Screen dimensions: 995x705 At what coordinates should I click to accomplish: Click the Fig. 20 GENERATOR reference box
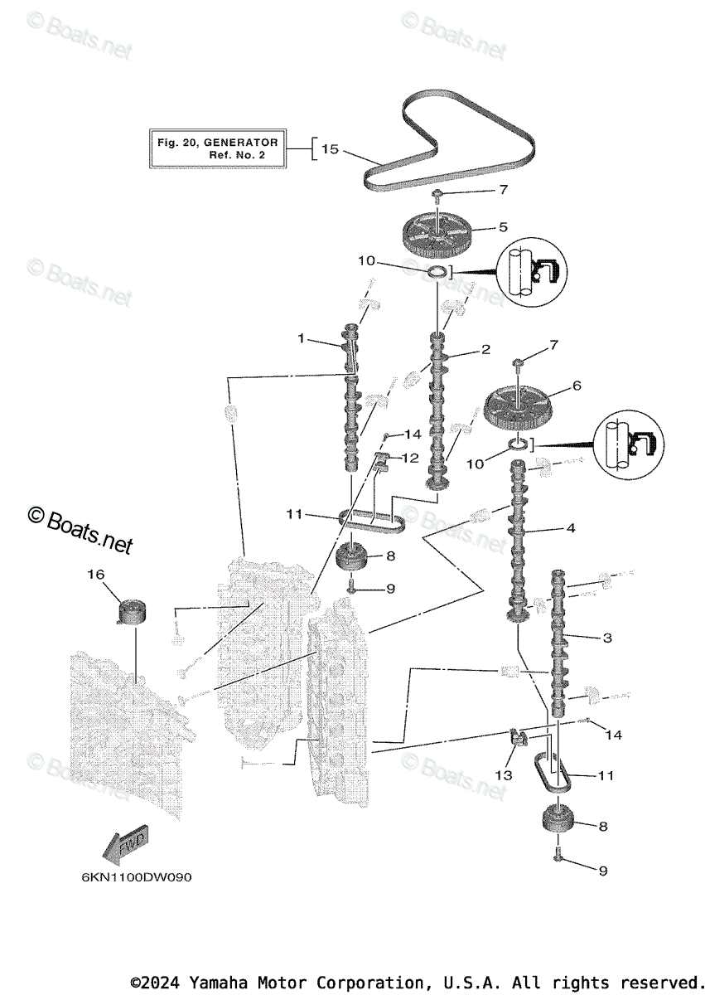(x=218, y=149)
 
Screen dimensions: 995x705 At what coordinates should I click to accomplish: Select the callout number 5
(x=502, y=226)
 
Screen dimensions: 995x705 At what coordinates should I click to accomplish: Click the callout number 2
(x=486, y=351)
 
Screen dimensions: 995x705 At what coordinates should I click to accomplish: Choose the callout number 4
(x=570, y=527)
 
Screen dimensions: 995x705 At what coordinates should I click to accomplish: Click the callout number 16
(x=96, y=573)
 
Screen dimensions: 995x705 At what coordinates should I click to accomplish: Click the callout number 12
(x=411, y=458)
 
